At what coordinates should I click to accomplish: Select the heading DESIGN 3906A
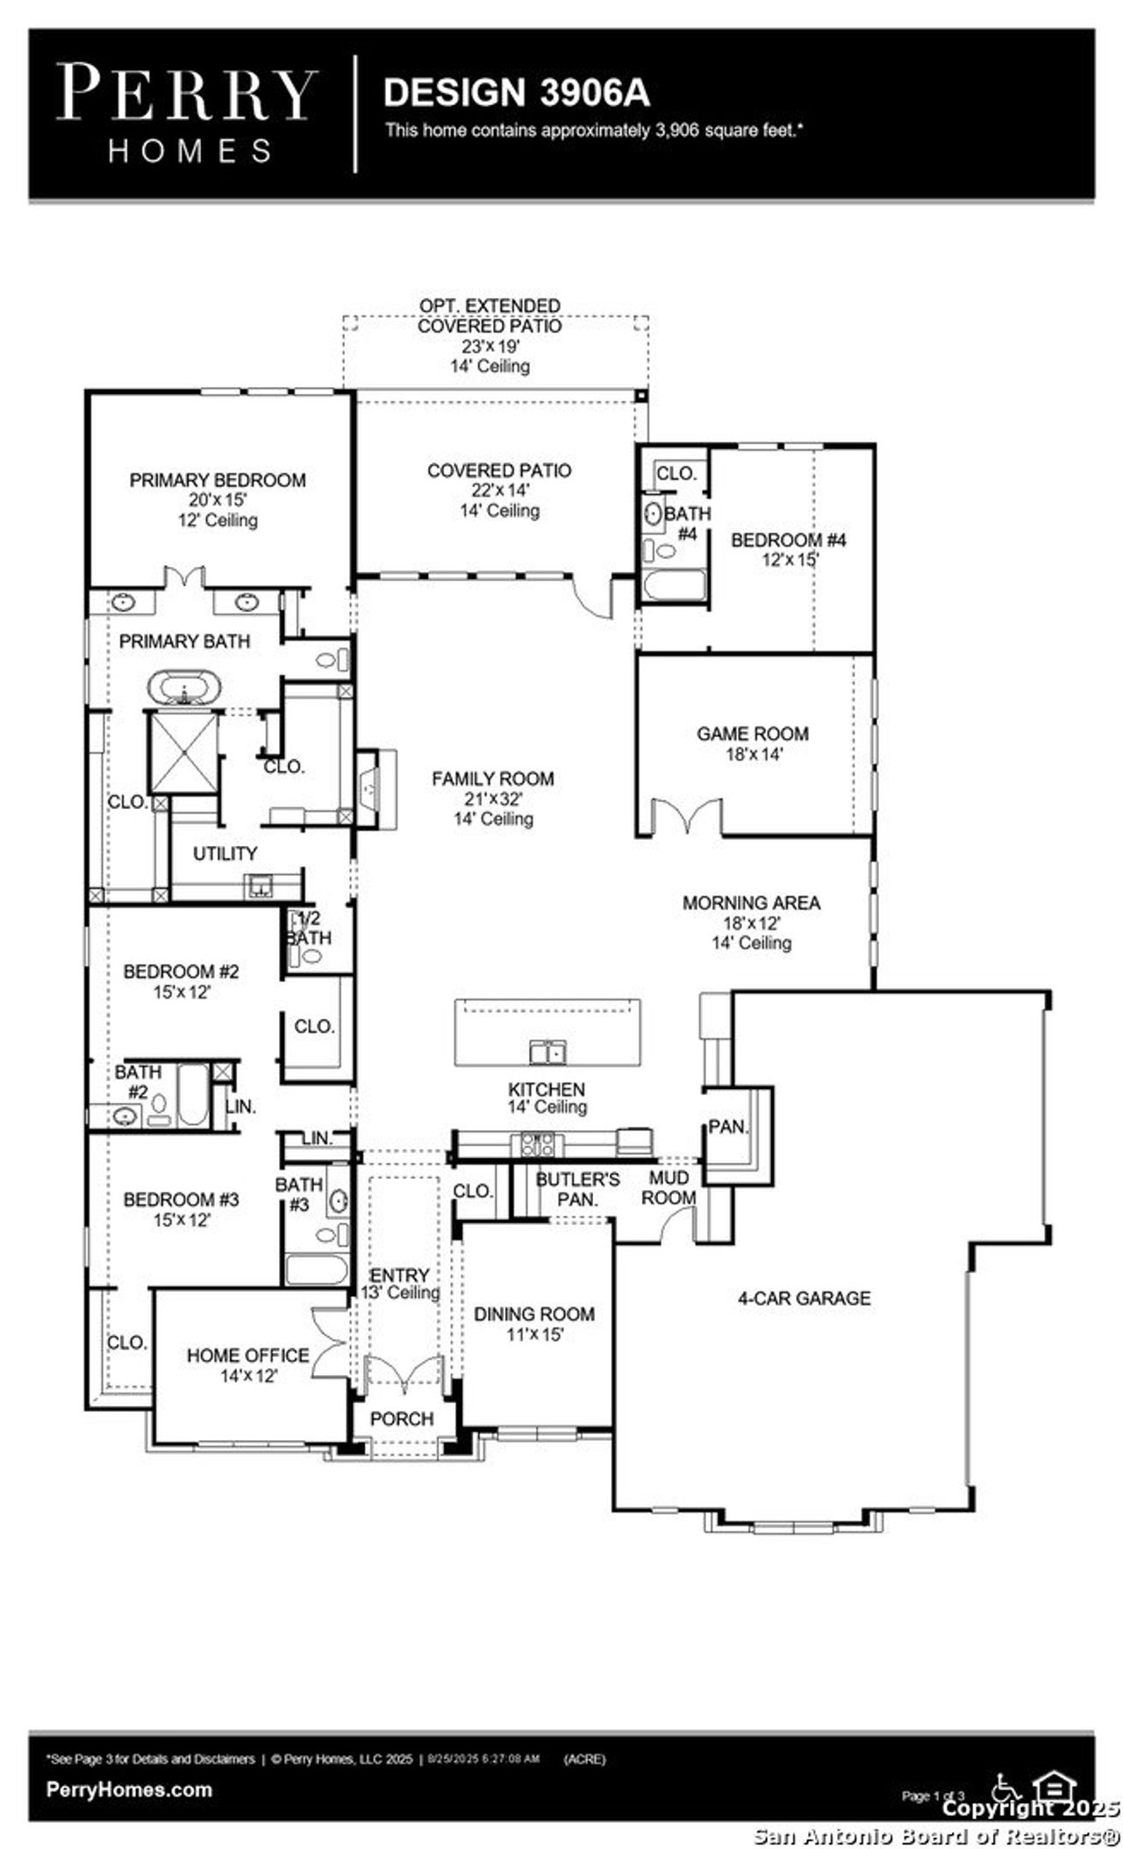tap(517, 93)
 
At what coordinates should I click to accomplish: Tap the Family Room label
tap(492, 778)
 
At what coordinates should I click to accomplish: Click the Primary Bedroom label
tap(218, 480)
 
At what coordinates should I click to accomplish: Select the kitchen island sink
tap(547, 1051)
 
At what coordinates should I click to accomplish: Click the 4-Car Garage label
tap(804, 1298)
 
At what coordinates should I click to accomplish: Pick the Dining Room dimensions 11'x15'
tap(533, 1335)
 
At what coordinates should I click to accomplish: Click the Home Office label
tap(247, 1356)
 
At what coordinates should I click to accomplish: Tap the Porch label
tap(402, 1419)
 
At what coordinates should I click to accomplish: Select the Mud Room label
tap(669, 1187)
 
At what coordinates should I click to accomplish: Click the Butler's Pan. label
tap(577, 1189)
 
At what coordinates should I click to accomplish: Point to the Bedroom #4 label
tap(788, 540)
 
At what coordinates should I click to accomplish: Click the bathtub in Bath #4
tap(673, 586)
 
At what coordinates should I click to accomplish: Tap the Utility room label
tap(225, 853)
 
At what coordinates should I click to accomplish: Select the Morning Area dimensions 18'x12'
tap(751, 923)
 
